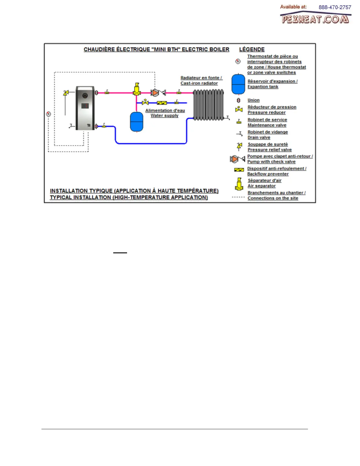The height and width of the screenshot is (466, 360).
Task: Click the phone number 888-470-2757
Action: [x=335, y=7]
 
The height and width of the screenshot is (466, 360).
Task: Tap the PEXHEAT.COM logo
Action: [x=315, y=19]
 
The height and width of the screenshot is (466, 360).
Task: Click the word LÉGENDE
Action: [x=252, y=49]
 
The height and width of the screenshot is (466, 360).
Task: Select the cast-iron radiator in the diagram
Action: [x=209, y=105]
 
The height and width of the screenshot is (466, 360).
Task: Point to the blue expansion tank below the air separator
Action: [x=136, y=122]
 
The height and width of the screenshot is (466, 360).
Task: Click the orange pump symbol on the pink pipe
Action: [x=155, y=93]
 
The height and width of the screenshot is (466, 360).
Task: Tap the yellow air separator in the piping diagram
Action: [x=137, y=89]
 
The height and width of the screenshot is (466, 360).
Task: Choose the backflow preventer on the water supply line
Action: [x=162, y=103]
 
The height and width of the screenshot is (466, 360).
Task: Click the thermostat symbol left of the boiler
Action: [x=49, y=114]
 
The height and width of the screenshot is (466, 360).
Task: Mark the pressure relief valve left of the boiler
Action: [x=66, y=93]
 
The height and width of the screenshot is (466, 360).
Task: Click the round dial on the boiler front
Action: [x=85, y=96]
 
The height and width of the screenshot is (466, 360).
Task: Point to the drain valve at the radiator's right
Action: [x=227, y=118]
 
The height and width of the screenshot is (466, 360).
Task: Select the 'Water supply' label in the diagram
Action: [x=164, y=116]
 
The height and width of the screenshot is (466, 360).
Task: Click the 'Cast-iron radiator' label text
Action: [x=199, y=83]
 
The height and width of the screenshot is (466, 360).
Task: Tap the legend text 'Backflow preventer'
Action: [x=268, y=174]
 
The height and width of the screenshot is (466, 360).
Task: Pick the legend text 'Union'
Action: [x=254, y=100]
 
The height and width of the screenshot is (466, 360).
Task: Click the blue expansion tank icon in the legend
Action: [x=238, y=84]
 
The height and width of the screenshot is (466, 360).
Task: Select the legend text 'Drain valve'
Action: [x=259, y=137]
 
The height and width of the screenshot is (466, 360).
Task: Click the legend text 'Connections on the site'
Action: [x=273, y=198]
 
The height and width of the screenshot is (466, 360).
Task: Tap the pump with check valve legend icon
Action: [x=237, y=159]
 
